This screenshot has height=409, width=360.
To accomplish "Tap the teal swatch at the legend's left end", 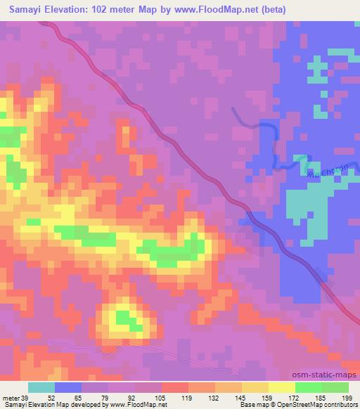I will point(41,387).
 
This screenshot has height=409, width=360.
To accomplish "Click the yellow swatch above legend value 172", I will point(283,387).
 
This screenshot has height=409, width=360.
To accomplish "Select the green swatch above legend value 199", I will point(335,387).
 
